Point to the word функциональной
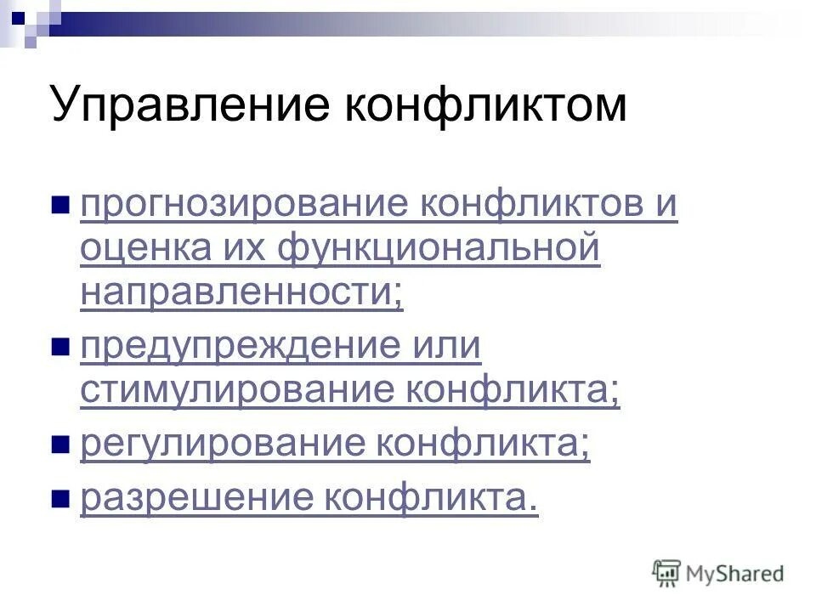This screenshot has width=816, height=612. [x=439, y=250]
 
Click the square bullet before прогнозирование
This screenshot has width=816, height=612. [x=59, y=207]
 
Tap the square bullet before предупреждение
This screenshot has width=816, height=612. [x=59, y=347]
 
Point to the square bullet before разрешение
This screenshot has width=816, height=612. [x=59, y=498]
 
